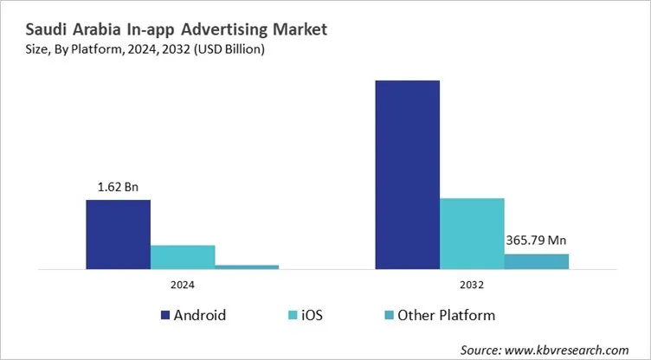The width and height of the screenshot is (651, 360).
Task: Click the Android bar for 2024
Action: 118,235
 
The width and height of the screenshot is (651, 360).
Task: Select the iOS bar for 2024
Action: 183,257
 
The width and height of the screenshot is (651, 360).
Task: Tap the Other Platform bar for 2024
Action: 247,267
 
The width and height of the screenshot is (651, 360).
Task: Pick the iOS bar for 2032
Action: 472,234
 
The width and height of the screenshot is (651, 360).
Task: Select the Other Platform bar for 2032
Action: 537,261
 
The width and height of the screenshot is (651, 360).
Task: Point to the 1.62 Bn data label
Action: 118,186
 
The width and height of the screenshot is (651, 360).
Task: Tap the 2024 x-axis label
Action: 183,285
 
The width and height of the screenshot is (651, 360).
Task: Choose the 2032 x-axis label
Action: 472,285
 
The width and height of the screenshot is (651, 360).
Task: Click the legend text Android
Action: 201,315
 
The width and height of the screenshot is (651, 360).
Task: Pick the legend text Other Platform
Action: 446,315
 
